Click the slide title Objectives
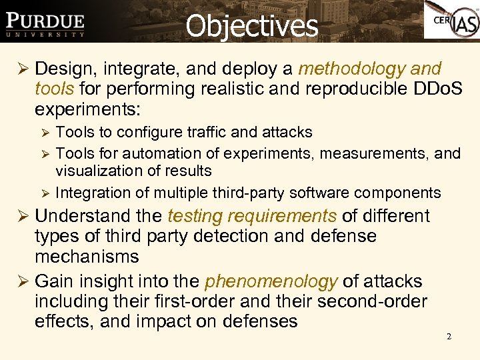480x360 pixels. pos(251,25)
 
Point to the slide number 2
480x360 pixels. pos(449,337)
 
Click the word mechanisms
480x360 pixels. pos(87,256)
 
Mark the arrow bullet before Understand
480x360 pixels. pos(22,217)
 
